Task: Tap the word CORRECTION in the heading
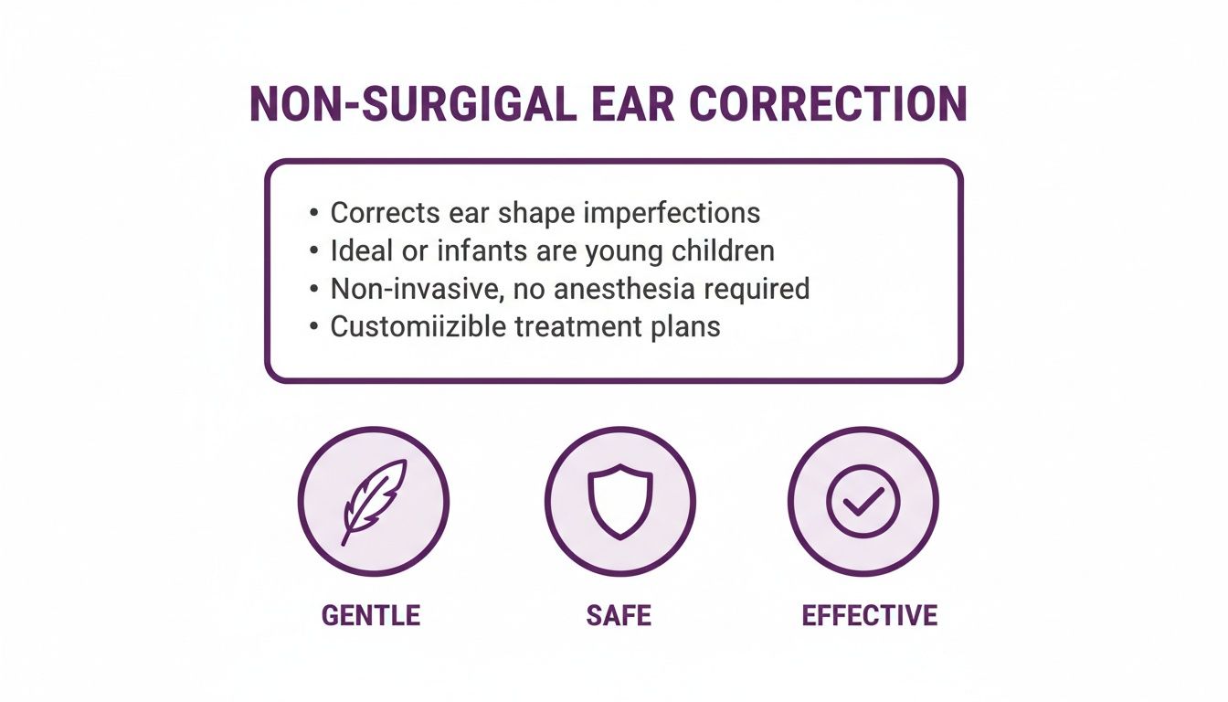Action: point(828,105)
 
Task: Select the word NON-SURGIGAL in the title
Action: point(413,105)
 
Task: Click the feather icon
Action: point(373,501)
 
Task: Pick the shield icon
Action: point(619,501)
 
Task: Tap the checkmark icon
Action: point(863,501)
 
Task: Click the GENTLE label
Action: point(371,615)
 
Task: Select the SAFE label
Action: point(619,615)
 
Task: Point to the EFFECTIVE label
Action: point(869,615)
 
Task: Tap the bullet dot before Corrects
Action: point(314,214)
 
